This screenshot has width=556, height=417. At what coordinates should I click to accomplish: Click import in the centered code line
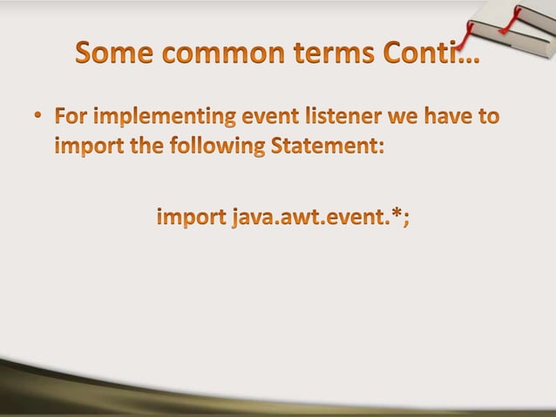(x=190, y=216)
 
